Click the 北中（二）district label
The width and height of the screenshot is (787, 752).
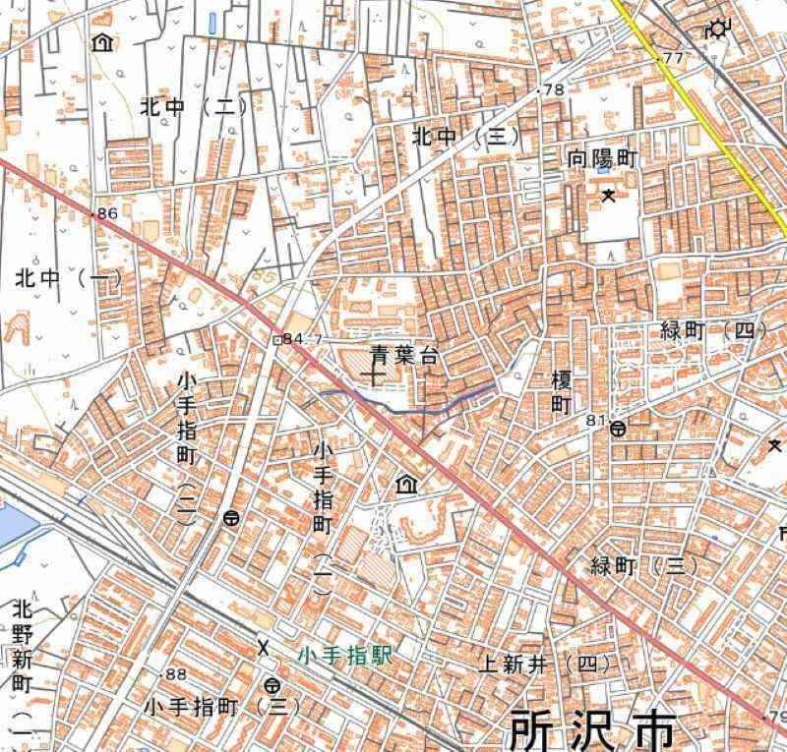point(194,106)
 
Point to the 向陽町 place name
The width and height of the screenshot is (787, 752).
point(603,157)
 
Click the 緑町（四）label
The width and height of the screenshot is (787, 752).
point(713,329)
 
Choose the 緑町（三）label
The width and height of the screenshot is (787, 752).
point(643,566)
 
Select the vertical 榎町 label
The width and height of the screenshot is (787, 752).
point(562,391)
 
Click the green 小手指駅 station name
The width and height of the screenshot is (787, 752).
point(345,656)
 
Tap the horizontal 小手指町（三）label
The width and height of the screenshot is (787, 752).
point(220,706)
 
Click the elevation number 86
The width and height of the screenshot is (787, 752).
point(107,212)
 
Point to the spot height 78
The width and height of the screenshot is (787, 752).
point(554,90)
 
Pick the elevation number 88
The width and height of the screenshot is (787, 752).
point(176,673)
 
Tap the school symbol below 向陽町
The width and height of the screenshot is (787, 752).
point(609,195)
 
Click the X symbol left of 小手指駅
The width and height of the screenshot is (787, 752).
point(263,647)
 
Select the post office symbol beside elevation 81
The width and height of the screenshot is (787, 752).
point(618,429)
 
